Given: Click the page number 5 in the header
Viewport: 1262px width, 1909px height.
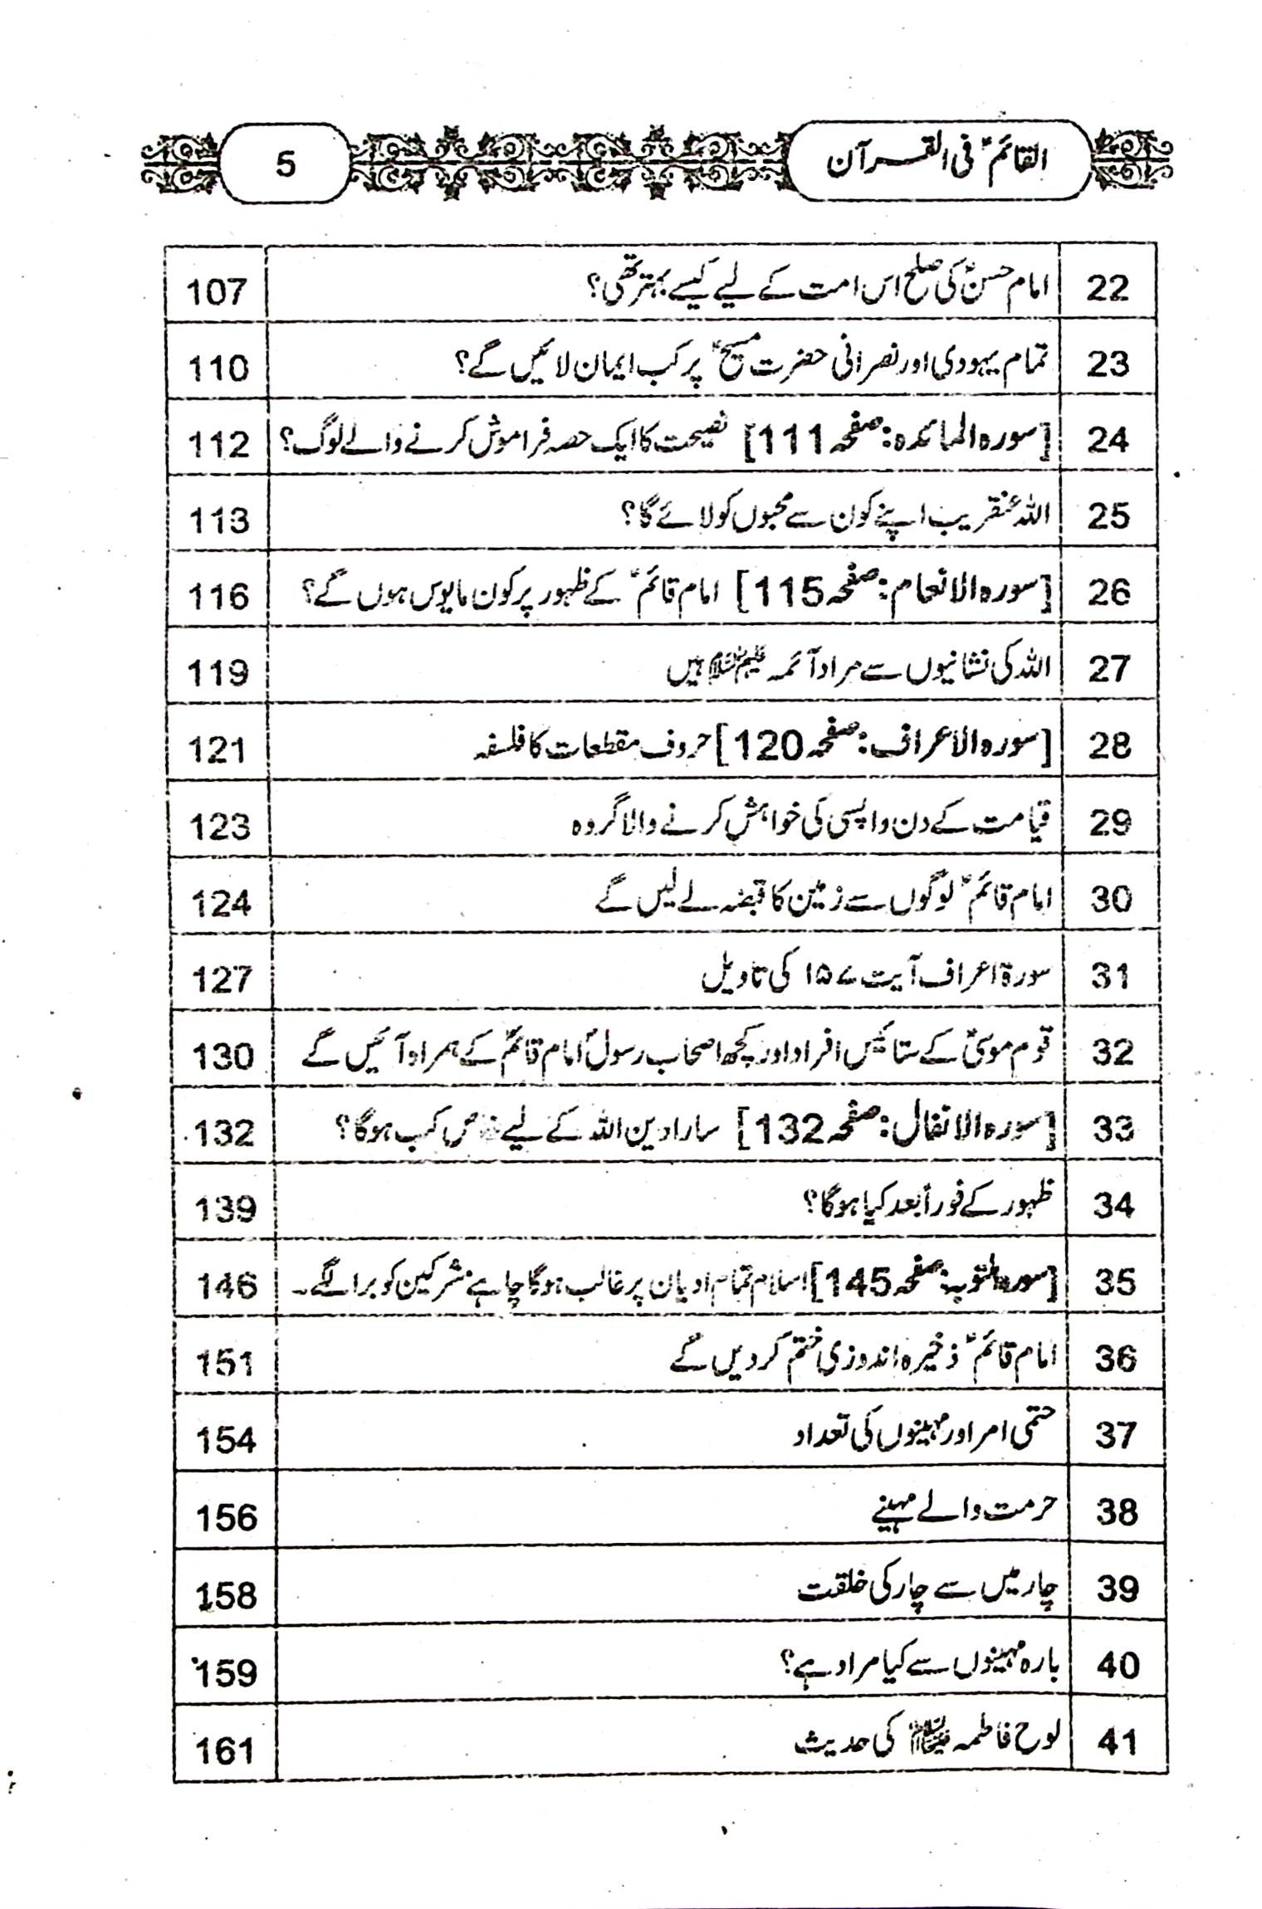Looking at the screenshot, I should click(x=285, y=164).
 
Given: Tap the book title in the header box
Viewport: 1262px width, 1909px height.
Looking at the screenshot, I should click(x=937, y=162).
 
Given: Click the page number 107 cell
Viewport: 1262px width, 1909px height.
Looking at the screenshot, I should click(x=217, y=291).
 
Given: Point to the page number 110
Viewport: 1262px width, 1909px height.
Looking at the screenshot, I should click(x=218, y=368).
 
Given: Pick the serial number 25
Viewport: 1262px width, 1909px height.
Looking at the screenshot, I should click(x=1108, y=517).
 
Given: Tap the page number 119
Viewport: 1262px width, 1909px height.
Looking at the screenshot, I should click(x=218, y=672).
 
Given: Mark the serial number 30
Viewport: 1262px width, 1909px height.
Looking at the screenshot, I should click(x=1111, y=899).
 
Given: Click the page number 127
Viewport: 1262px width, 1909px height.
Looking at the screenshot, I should click(x=221, y=980).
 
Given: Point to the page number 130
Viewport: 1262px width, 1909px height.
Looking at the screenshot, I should click(x=222, y=1057).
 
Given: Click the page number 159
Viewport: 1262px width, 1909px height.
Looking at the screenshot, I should click(x=226, y=1671).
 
